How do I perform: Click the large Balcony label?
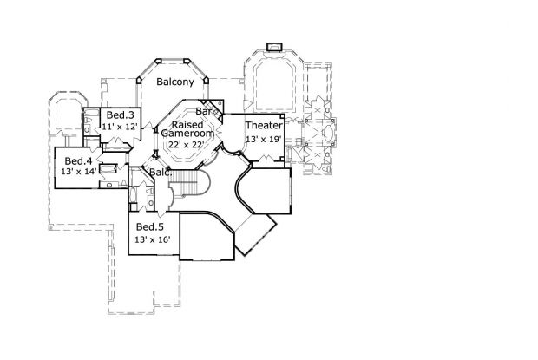point(175,82)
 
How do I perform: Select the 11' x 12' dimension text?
point(120,127)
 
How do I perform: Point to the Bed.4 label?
point(79,160)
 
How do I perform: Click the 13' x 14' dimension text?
point(79,172)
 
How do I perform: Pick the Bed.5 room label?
point(150,227)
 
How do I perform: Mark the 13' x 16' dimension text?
point(153,239)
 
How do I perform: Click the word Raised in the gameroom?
point(187,124)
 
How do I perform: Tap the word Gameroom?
point(187,133)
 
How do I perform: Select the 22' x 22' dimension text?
point(187,144)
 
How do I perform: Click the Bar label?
point(203,111)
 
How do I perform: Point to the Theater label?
point(264,126)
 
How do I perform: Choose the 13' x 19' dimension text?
point(264,139)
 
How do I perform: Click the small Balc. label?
point(161,172)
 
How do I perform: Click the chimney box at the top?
point(274,47)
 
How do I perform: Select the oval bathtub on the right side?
point(329,133)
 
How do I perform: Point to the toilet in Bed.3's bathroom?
point(89,121)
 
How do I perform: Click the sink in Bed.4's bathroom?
point(109,185)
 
